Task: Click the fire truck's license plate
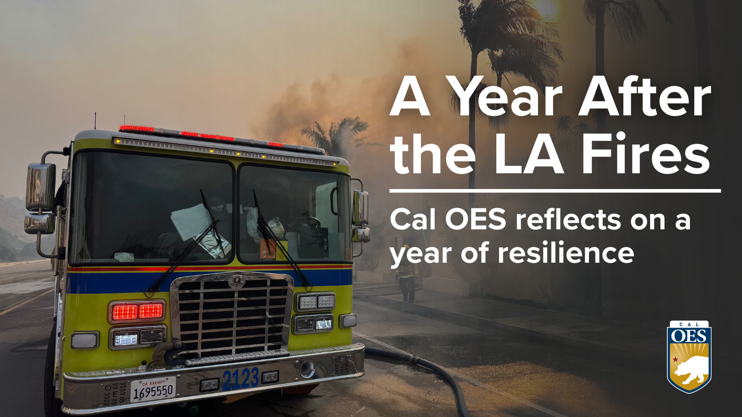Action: coord(153,389)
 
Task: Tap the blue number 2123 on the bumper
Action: coord(241,378)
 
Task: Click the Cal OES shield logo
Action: coord(689,357)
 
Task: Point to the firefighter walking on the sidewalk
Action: coord(407,273)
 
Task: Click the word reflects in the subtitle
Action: coord(568,220)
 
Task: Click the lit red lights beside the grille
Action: coord(137,311)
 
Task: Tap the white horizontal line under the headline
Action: coord(555,191)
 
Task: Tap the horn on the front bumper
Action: coord(307,369)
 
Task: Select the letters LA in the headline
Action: coord(529,153)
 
